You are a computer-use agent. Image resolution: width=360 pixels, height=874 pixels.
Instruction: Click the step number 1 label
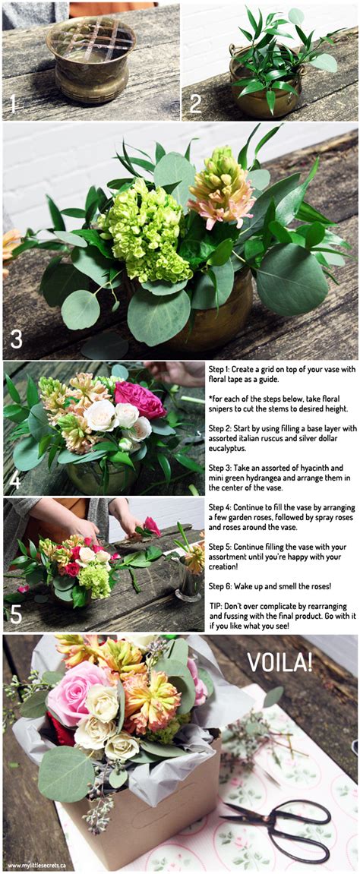pos(13,103)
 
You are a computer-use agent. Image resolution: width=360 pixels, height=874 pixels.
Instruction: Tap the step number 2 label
pos(195,103)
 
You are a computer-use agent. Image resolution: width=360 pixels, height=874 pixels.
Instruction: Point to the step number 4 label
pos(15,480)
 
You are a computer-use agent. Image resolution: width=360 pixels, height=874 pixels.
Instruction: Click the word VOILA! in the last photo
pos(279,661)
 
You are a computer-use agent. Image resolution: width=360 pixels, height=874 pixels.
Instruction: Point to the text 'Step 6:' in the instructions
pos(223,585)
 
